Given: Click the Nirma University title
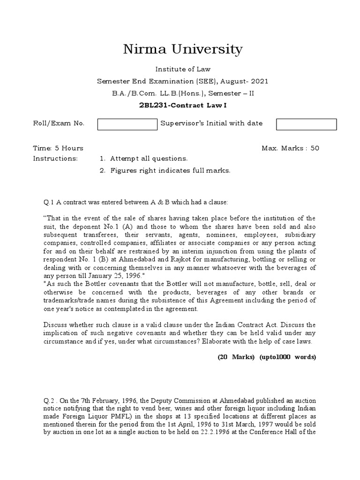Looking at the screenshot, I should (182, 49).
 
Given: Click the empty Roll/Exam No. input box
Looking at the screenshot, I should (127, 124).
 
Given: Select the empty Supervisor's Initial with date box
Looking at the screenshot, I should (306, 124).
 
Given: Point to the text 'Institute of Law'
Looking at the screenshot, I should (182, 69).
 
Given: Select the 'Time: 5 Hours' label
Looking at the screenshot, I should (58, 148).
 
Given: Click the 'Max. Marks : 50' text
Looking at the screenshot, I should (291, 148).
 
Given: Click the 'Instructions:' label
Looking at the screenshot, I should (55, 158).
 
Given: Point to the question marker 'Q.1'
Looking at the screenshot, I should (49, 202).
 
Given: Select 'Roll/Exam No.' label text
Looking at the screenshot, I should (59, 123).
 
